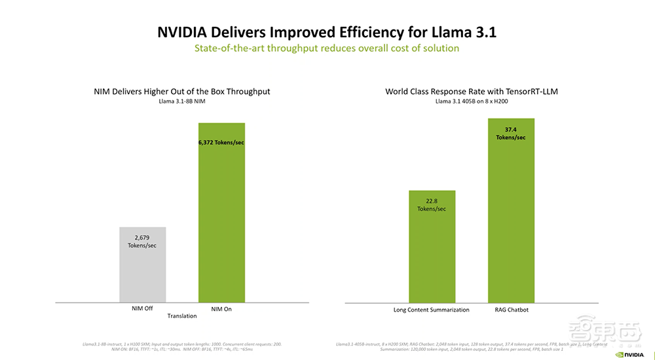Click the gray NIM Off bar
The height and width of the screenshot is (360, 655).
(x=142, y=264)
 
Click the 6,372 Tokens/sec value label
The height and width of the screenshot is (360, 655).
(x=221, y=142)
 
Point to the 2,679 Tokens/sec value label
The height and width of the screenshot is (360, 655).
(x=142, y=241)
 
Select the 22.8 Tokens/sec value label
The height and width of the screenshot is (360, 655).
(x=432, y=204)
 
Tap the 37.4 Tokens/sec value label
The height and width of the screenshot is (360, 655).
(x=512, y=133)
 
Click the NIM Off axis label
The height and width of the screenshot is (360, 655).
(x=142, y=308)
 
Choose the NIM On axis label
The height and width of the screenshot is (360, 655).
(x=221, y=308)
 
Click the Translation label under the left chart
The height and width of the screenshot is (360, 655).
(x=182, y=315)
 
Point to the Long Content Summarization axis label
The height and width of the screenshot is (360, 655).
(x=431, y=309)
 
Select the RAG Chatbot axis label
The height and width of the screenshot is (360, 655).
(x=512, y=309)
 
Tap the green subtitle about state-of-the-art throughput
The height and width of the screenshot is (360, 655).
(x=327, y=48)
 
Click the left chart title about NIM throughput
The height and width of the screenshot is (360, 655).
(x=181, y=92)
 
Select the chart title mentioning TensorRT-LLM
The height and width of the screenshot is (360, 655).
(x=471, y=92)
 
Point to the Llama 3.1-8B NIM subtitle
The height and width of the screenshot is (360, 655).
(x=181, y=101)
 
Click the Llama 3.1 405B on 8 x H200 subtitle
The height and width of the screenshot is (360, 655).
(x=471, y=101)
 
